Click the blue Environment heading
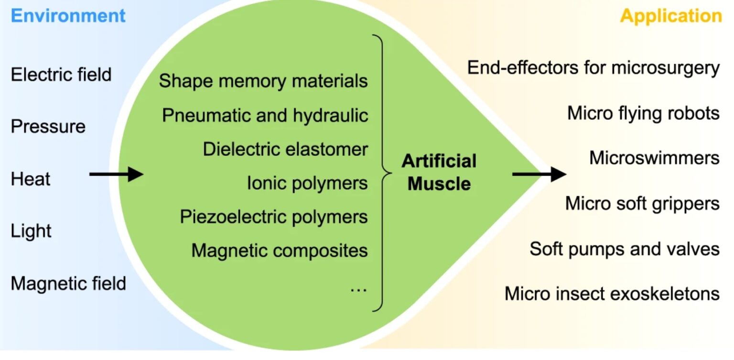coord(68,16)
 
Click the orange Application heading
coord(671,16)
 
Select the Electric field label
coord(61,75)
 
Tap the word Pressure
coord(48,127)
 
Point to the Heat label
coord(30,179)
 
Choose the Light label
coord(31,231)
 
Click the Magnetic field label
coord(68,284)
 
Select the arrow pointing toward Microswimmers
coord(539,174)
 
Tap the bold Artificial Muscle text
coord(439,172)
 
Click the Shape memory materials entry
coord(263,81)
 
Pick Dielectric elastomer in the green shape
coord(285,149)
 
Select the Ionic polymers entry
coord(307,183)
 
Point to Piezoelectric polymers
coord(274,217)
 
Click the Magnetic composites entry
coord(280,251)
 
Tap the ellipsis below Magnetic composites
coord(358,289)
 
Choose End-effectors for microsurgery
coord(593,68)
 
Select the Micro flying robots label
coord(643,113)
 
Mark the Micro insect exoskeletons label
coord(612,293)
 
